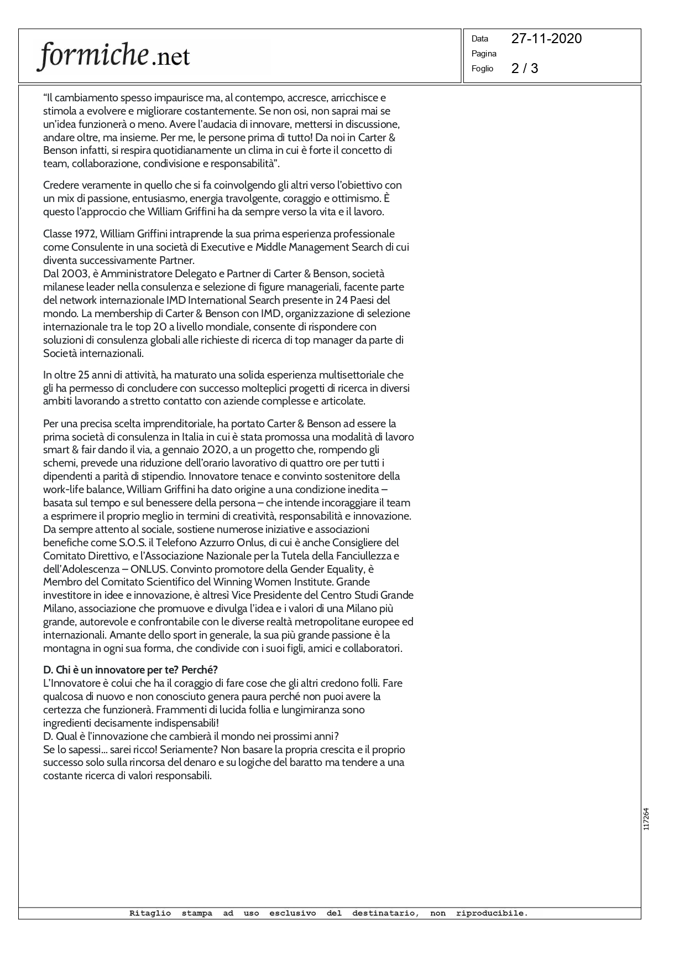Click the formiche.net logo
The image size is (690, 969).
[113, 56]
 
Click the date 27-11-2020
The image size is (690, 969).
[546, 38]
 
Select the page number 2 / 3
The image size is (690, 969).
[525, 68]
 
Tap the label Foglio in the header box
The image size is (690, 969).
[482, 69]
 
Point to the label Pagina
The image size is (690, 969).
[484, 54]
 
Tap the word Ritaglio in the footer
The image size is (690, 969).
[150, 913]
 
